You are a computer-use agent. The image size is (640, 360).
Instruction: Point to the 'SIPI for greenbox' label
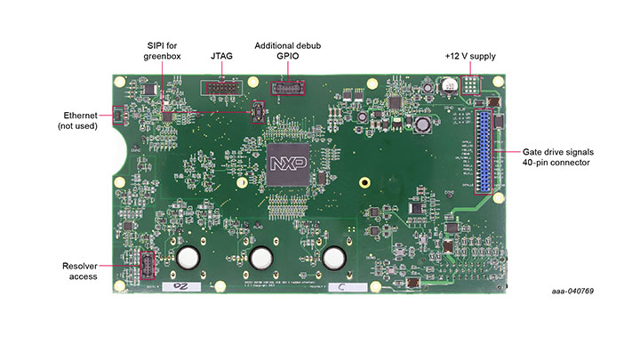[x=162, y=51]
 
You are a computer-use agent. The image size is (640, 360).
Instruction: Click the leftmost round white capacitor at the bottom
[x=188, y=258]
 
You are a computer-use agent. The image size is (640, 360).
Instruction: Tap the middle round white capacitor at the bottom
[x=261, y=258]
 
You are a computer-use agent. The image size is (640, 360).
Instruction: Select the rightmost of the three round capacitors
[x=334, y=258]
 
